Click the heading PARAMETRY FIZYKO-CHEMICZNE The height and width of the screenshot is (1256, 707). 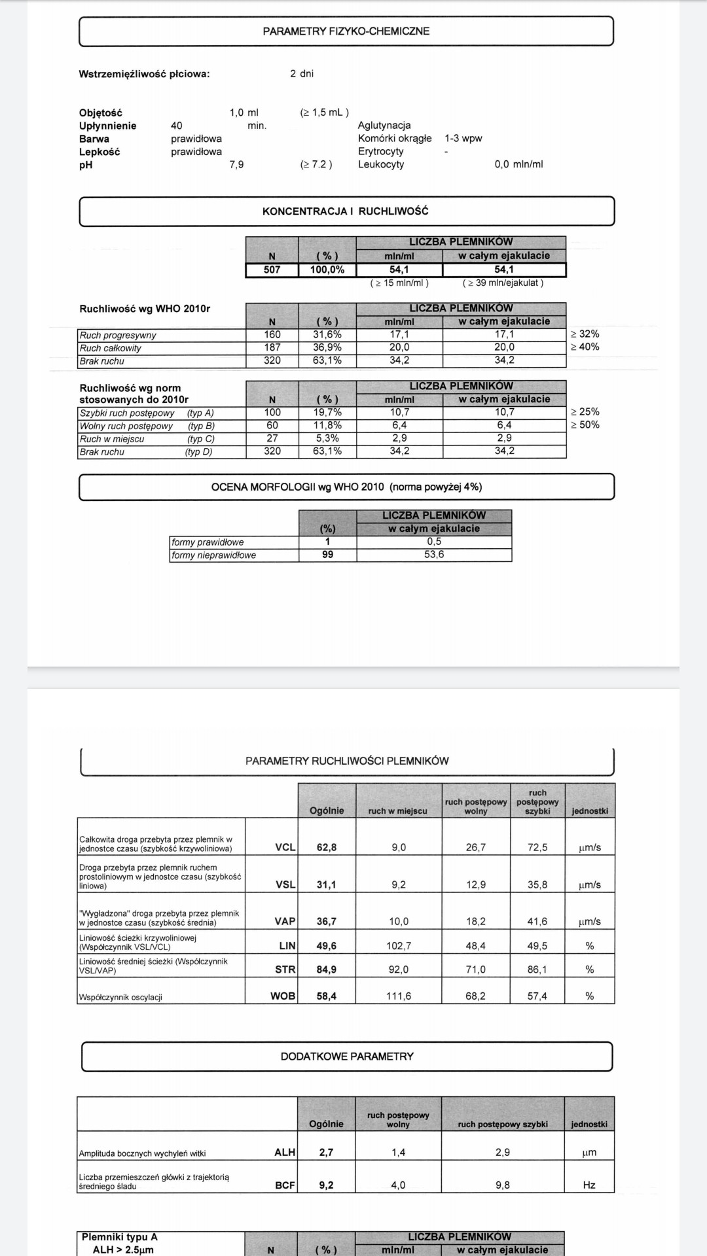click(x=346, y=31)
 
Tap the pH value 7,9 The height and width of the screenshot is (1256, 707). click(x=236, y=164)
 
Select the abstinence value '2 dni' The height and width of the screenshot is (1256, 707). click(x=302, y=73)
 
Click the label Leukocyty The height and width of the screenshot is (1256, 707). click(x=381, y=164)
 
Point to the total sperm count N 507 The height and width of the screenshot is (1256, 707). click(x=272, y=270)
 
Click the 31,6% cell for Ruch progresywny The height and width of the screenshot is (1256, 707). click(x=327, y=334)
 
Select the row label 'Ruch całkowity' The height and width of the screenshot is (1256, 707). click(x=111, y=348)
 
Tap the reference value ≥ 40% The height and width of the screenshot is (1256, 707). click(x=585, y=347)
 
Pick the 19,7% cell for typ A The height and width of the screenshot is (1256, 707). click(x=327, y=412)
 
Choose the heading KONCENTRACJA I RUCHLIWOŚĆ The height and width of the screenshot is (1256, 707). click(x=346, y=211)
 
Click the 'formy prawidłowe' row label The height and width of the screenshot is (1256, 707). click(x=208, y=542)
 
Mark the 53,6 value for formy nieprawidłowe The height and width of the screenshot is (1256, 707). click(x=434, y=555)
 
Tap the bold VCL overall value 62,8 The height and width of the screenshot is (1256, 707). click(x=327, y=847)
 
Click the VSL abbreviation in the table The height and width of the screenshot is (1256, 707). click(x=285, y=884)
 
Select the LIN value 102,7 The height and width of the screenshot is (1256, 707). click(x=399, y=946)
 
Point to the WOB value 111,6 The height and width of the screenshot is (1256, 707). click(x=399, y=996)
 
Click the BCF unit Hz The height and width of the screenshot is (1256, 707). click(x=589, y=1185)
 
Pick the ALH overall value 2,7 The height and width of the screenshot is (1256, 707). click(x=326, y=1153)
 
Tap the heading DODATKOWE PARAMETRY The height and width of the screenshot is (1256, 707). click(x=347, y=1056)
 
